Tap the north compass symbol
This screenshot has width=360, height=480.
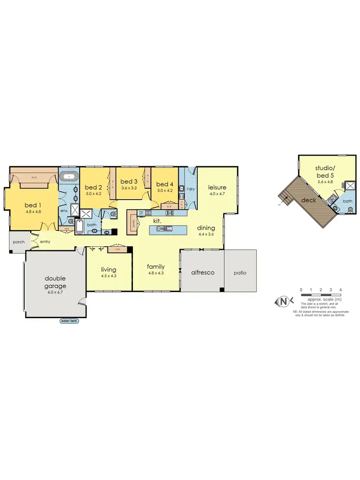tap(284, 301)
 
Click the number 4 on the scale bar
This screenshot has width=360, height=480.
tap(340, 289)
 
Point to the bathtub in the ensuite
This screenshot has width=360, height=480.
tap(70, 177)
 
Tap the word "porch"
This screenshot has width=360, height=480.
tap(19, 242)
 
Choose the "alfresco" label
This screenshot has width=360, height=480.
tap(202, 272)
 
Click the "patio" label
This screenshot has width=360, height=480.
tap(240, 273)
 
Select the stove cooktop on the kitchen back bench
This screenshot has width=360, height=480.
tap(170, 213)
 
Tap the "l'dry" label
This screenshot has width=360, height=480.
tap(190, 189)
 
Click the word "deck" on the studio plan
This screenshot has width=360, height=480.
tap(308, 200)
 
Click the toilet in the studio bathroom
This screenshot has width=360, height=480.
tap(350, 210)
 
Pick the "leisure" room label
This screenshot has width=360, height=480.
tap(217, 187)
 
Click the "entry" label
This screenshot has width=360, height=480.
tap(45, 241)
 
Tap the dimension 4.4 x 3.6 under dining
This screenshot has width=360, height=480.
tap(207, 235)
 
